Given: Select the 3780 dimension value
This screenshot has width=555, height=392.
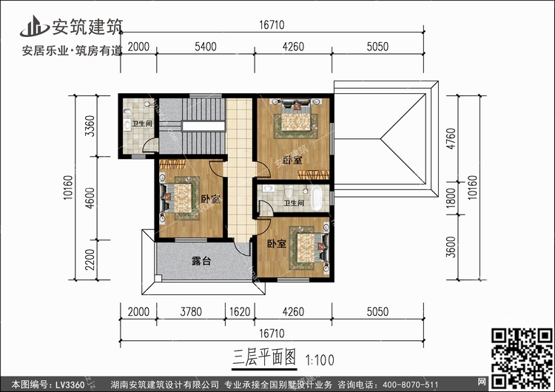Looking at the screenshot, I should click(191, 312).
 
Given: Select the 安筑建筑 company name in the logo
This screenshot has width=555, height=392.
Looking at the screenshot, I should click(87, 27).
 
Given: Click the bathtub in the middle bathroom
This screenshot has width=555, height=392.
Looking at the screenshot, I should click(317, 198).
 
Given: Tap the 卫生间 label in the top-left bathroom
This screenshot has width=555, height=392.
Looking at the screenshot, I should click(142, 123).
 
